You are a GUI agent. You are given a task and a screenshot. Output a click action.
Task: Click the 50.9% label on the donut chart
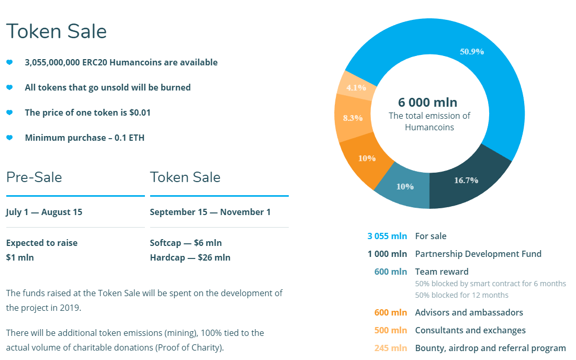pos(471,52)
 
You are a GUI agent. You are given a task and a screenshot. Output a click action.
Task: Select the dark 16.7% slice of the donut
pos(466,180)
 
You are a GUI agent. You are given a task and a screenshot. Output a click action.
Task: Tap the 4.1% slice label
pos(356,88)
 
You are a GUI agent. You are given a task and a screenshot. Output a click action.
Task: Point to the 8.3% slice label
pos(353,118)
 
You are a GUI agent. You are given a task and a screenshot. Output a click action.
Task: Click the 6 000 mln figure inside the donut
pos(427,102)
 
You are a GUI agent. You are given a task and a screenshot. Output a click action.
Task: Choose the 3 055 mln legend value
pos(387,236)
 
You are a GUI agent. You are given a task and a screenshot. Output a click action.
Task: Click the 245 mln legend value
pos(390,348)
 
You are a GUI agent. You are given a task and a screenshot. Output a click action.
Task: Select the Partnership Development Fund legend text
pos(478,254)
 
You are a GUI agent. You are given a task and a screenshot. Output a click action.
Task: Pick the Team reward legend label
pos(442,272)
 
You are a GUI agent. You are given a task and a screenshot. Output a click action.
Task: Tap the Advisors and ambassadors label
pos(469,312)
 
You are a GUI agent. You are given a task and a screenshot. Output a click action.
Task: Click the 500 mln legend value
pos(390,330)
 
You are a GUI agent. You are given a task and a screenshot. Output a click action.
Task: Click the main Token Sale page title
pos(57,31)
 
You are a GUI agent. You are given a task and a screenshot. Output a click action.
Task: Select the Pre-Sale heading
pos(34,177)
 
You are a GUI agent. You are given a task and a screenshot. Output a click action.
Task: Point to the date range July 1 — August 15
pos(44,212)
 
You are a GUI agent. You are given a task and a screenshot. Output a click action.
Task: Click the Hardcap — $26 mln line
pos(190,257)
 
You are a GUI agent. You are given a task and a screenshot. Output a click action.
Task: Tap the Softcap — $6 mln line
pos(186,243)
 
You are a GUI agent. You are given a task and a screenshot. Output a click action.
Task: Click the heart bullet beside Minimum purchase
pos(9,138)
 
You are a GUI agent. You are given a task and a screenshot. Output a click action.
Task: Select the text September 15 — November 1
pos(210,212)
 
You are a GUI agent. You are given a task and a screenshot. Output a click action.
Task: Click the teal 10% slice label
pos(405,186)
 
